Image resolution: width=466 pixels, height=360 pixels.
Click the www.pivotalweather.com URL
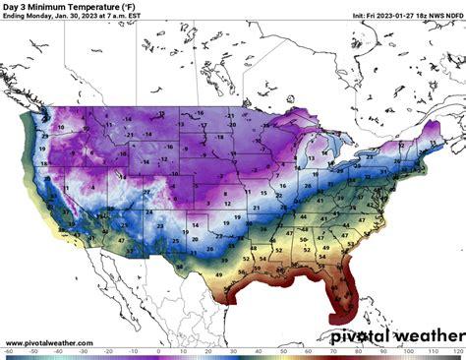[x=49, y=343]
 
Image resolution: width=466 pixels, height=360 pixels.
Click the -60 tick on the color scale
[x=6, y=356]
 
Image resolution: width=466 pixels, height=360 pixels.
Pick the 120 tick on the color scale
[x=458, y=356]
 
